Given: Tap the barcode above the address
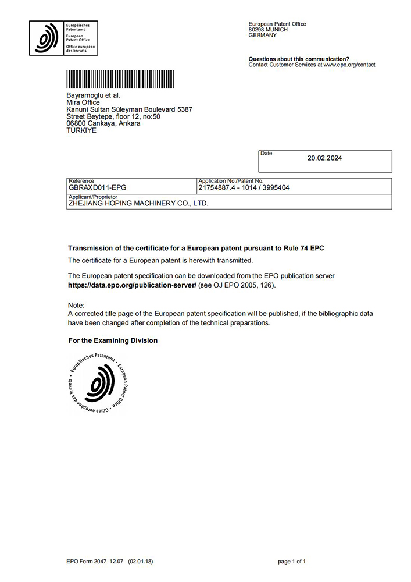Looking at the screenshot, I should [119, 79].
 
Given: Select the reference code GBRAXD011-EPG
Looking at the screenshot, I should [97, 188].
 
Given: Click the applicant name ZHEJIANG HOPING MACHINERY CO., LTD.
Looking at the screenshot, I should [138, 204].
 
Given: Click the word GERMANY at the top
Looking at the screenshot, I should [263, 36].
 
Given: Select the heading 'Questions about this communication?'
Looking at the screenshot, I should [299, 59].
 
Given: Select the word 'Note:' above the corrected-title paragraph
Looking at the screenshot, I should [76, 306].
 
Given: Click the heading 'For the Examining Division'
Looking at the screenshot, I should [113, 340].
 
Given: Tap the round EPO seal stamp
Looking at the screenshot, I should [97, 382].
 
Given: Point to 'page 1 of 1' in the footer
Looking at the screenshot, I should [292, 562].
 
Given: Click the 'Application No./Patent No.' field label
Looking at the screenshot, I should [231, 181].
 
